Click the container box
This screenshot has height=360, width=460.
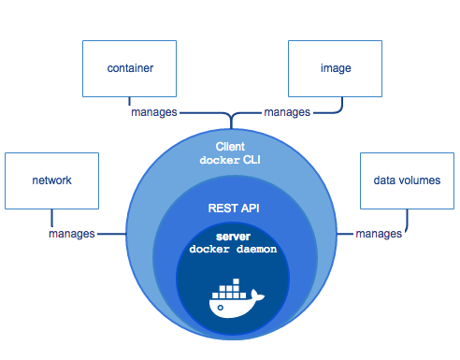[x=129, y=69]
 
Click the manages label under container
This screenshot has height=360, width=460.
[x=154, y=112]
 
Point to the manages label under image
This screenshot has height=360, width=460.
[x=287, y=112]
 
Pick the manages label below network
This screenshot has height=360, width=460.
[x=72, y=233]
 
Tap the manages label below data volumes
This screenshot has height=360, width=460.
[x=379, y=233]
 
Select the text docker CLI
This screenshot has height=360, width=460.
[x=229, y=161]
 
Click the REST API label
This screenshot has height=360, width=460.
[x=229, y=209]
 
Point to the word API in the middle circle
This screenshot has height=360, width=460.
[x=247, y=209]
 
